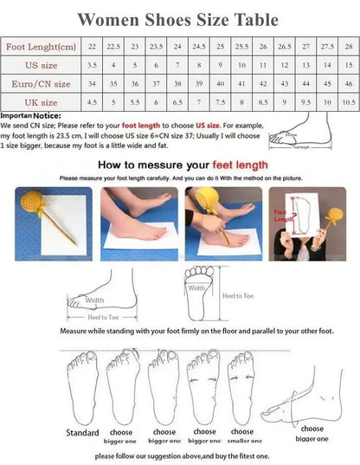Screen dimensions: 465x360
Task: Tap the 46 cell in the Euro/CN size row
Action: click(x=347, y=84)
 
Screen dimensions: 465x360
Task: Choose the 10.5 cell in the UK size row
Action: click(x=347, y=103)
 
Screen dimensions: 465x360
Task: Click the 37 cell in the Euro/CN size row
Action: click(x=157, y=84)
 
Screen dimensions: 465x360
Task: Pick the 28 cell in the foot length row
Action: click(x=347, y=47)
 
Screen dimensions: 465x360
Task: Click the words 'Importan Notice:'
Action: click(x=30, y=114)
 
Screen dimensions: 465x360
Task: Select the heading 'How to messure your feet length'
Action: click(x=181, y=163)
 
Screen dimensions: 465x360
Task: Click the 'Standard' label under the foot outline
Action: click(x=82, y=433)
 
